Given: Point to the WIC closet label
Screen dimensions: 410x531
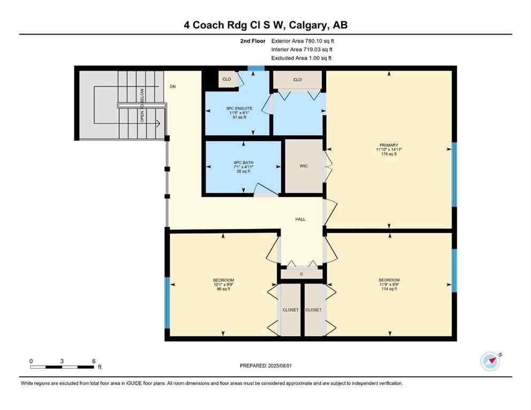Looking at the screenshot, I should [x=304, y=166].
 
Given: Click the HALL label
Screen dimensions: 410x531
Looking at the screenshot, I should [x=301, y=219].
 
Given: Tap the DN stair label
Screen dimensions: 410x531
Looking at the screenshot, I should [x=172, y=86].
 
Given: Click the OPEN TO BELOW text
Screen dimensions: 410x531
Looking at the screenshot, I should [x=142, y=106].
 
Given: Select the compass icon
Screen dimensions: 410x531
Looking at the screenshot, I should [x=490, y=361].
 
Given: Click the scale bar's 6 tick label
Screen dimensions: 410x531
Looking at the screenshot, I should [x=94, y=361].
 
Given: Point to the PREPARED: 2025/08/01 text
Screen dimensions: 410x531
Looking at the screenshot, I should [x=265, y=366].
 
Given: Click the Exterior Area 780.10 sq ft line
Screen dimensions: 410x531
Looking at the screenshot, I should [x=303, y=41].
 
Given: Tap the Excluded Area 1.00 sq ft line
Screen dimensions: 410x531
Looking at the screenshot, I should [x=301, y=58].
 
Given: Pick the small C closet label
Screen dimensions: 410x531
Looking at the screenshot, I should [x=302, y=274].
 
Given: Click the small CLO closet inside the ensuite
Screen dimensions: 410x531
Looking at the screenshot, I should [x=227, y=79].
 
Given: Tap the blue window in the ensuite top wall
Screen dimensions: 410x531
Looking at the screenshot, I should [x=256, y=68].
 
